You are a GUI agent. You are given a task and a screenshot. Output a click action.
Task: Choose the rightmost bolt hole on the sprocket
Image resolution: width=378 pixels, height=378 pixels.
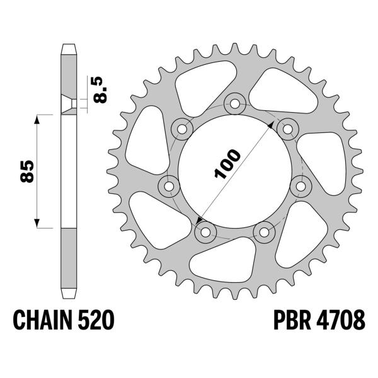304,186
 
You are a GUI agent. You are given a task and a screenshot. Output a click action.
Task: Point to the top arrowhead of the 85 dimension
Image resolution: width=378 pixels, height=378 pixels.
38,118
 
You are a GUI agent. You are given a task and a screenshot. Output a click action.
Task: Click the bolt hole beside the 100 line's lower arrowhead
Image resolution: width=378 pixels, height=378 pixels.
205,232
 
